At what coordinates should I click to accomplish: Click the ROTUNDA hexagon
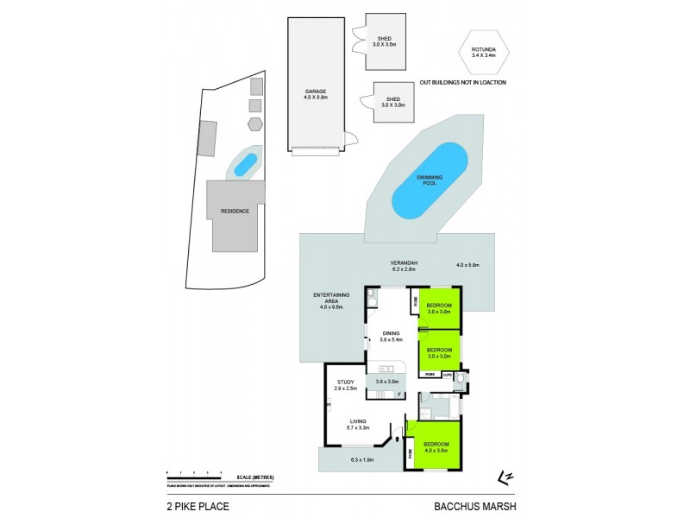click(x=483, y=54)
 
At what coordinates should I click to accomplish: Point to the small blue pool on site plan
click(x=246, y=163)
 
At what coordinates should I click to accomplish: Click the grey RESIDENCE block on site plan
click(x=235, y=212)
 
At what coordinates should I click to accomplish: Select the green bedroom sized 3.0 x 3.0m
click(x=439, y=352)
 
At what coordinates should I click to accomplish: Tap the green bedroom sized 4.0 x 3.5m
click(x=437, y=446)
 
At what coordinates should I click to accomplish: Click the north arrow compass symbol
click(x=505, y=477)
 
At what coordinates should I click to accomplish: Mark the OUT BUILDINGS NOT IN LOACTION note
click(x=462, y=82)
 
